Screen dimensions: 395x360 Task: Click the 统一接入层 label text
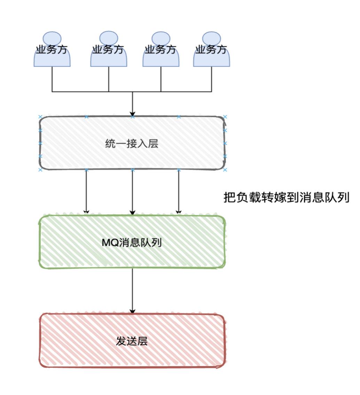pos(132,144)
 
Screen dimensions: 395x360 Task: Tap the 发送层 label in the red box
pos(132,341)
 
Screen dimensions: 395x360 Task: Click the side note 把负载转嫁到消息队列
pos(286,197)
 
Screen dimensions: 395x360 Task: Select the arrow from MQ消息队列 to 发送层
pos(132,291)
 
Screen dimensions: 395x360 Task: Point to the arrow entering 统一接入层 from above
pos(132,104)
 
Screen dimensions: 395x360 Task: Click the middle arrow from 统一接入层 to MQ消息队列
pos(132,192)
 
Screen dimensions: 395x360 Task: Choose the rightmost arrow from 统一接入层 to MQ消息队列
pos(179,192)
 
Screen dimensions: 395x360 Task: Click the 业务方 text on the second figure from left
pos(109,49)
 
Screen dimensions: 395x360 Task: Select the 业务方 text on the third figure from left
pos(161,49)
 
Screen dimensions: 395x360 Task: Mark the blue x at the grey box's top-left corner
pos(40,117)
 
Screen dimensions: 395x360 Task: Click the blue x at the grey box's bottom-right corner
pos(225,170)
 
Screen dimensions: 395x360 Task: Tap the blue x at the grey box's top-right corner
pos(225,117)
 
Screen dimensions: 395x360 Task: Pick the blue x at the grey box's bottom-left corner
pos(40,170)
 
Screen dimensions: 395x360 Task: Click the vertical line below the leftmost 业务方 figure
pos(52,79)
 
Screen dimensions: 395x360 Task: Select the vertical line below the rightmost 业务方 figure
pos(211,79)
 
